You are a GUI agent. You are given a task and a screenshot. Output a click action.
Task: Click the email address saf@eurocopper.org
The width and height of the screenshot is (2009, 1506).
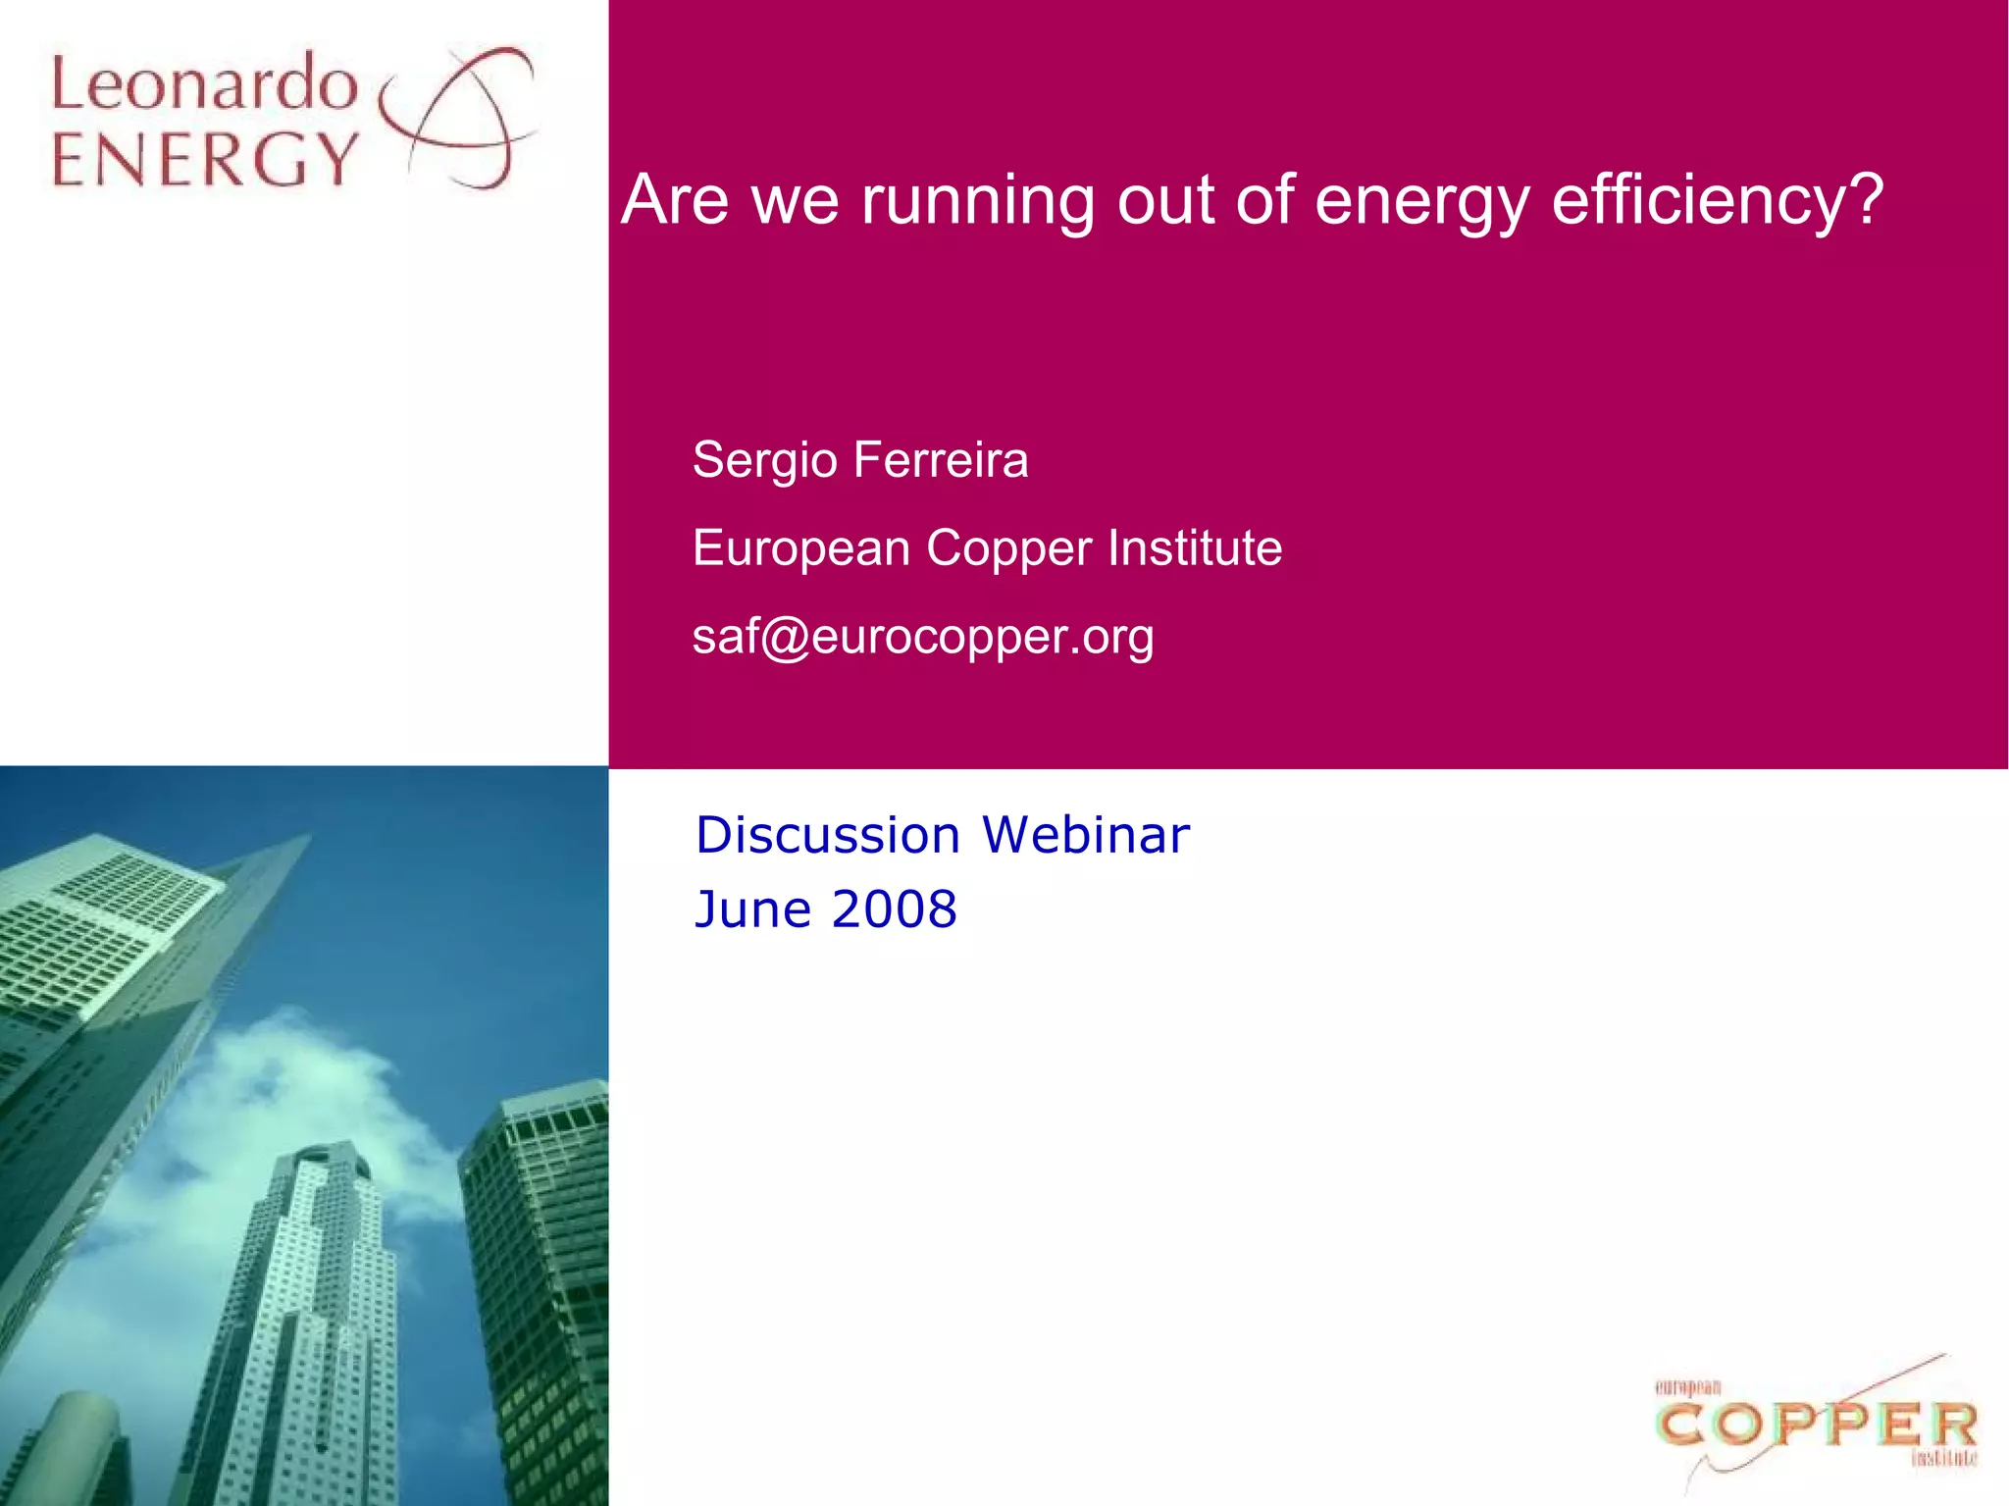tap(923, 636)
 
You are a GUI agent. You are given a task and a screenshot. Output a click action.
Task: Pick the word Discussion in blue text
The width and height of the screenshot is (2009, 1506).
tap(828, 835)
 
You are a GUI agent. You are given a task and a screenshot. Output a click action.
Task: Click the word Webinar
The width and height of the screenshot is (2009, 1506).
tap(1086, 835)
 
